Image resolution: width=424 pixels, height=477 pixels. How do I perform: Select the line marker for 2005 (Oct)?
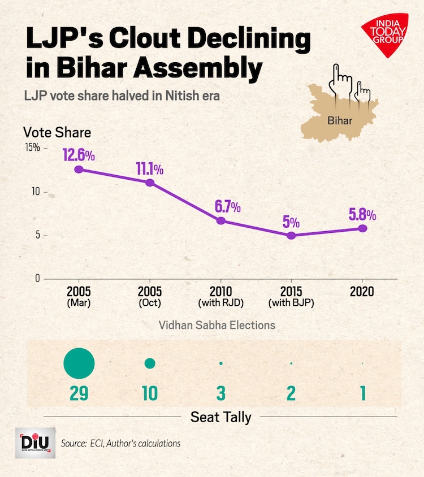click(150, 183)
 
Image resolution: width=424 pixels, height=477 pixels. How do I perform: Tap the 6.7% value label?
click(227, 206)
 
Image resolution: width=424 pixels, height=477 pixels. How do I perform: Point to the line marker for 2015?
click(291, 236)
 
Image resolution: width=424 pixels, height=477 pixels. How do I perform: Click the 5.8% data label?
click(362, 215)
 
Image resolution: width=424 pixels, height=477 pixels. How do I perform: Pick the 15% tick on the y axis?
click(32, 148)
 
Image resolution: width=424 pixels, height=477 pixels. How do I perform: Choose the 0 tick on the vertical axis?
click(37, 279)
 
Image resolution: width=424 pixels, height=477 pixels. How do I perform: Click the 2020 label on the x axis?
click(362, 292)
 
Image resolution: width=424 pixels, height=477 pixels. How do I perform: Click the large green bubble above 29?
click(79, 363)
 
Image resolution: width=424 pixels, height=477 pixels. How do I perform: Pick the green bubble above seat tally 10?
click(150, 363)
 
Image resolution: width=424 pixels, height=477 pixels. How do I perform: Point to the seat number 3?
click(220, 393)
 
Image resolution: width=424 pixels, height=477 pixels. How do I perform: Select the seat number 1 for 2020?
click(362, 393)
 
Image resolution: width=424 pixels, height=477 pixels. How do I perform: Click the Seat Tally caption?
click(220, 417)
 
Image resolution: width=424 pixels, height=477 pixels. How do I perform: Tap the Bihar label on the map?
click(340, 120)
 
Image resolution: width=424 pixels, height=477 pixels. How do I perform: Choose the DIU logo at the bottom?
click(35, 443)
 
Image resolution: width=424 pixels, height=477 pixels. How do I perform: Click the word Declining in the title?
click(241, 40)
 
